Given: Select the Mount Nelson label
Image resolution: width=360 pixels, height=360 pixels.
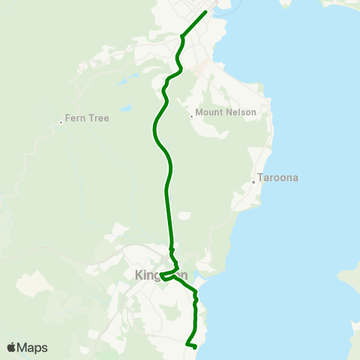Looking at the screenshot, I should point(226,113).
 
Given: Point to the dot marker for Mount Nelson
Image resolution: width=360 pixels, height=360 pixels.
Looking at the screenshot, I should point(191,115).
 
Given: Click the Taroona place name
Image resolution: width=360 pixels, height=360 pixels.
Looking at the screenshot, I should point(278,178).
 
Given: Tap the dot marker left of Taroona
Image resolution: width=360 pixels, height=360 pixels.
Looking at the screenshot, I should point(253,181).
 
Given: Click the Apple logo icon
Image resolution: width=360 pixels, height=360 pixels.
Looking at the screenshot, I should point(11,348).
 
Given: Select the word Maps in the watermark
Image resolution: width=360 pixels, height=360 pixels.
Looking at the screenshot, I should point(33,348).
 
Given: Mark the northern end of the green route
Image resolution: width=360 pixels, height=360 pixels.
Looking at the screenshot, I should point(205,12).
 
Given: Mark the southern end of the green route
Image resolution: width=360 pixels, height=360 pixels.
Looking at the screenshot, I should point(194,347).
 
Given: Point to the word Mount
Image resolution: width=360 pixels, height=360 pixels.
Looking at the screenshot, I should point(209,113).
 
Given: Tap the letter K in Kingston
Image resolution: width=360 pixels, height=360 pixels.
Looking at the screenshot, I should point(139,275).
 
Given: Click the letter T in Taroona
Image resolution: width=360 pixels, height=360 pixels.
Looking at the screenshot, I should point(260,178).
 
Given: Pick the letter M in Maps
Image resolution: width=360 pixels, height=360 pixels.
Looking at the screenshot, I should point(23,348).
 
